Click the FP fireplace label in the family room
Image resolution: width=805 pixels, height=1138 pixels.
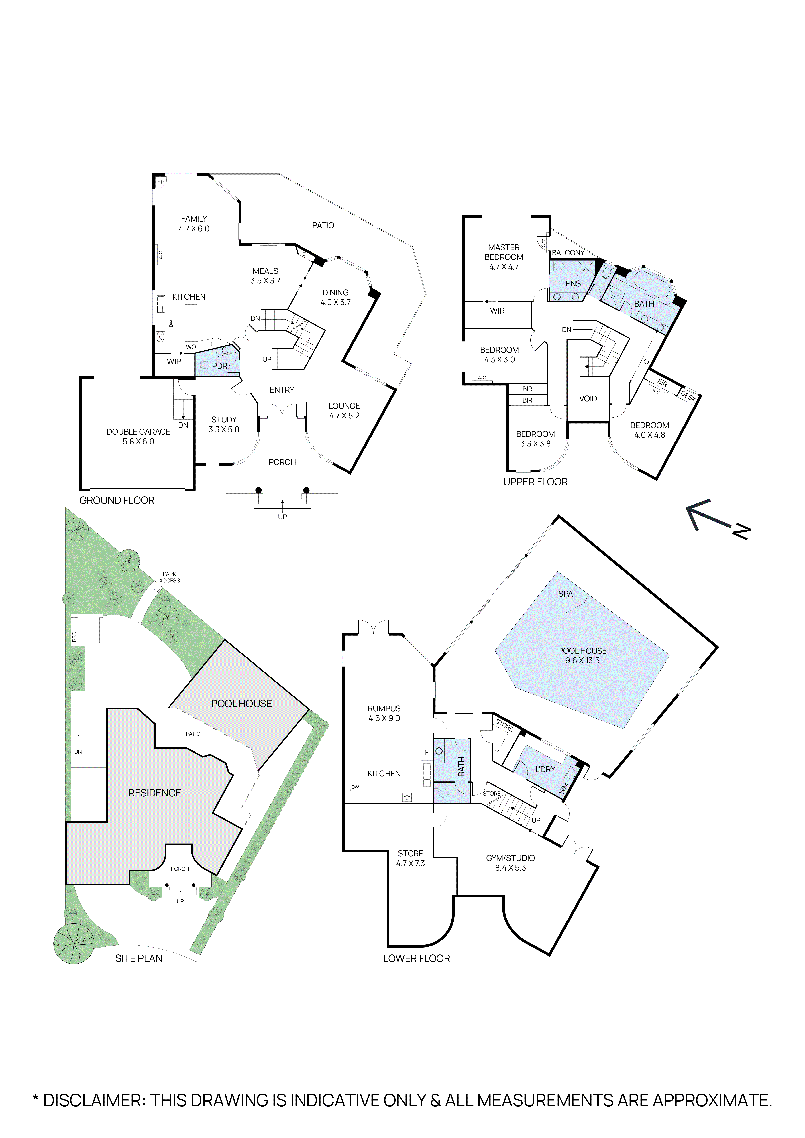pyautogui.click(x=161, y=182)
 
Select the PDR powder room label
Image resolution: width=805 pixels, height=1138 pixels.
pyautogui.click(x=220, y=366)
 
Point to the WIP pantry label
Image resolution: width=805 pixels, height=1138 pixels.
pyautogui.click(x=174, y=361)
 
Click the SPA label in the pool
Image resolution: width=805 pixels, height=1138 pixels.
pyautogui.click(x=566, y=594)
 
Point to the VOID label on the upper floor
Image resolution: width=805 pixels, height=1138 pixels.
pyautogui.click(x=588, y=399)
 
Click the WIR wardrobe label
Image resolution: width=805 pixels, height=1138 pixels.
pyautogui.click(x=497, y=311)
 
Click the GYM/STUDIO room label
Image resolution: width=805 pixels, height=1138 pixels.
pyautogui.click(x=511, y=858)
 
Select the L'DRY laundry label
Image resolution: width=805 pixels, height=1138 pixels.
pyautogui.click(x=545, y=769)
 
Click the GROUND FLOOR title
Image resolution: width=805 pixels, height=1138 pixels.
pyautogui.click(x=117, y=501)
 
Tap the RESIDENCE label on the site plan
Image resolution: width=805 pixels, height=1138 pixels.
pyautogui.click(x=155, y=793)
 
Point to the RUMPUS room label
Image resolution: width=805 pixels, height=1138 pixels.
pyautogui.click(x=384, y=709)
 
